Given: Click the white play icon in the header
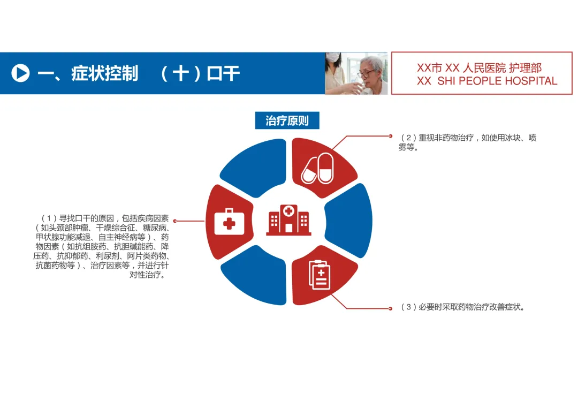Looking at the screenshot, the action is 20,73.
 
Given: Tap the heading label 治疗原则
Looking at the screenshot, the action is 287,120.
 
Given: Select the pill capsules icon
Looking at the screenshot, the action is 317,168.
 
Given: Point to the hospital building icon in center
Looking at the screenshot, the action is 288,219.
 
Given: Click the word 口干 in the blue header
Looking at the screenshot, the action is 224,73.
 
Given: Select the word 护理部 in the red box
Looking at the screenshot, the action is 525,68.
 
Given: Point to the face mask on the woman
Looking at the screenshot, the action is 333,57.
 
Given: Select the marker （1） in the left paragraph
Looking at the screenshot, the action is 49,218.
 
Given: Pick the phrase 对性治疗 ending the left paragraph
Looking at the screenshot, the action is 147,275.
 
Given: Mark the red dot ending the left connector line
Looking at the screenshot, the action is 175,221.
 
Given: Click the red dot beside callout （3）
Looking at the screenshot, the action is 390,308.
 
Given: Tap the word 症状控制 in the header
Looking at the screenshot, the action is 104,73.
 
